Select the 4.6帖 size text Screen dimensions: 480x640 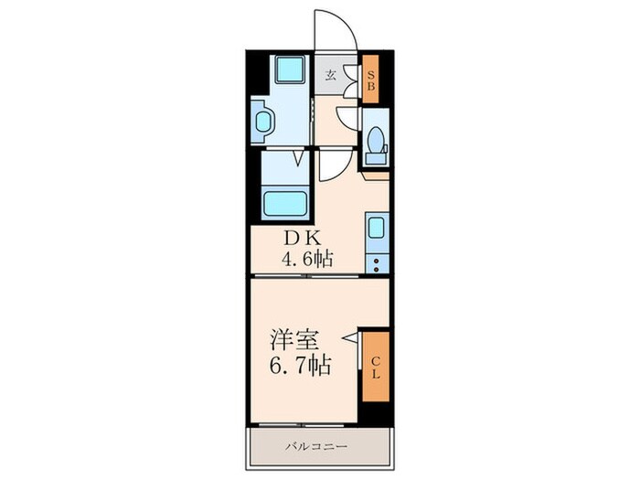(306, 260)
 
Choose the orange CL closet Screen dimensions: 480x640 (376, 365)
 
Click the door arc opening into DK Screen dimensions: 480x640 (333, 167)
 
